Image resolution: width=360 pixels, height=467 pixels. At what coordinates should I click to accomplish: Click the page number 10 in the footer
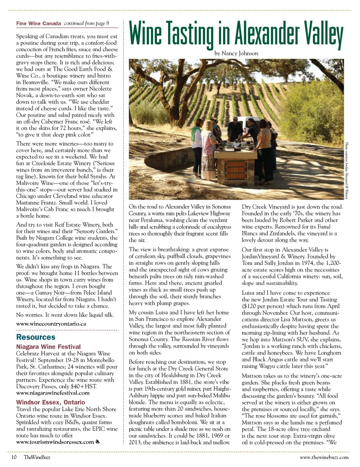click(13, 457)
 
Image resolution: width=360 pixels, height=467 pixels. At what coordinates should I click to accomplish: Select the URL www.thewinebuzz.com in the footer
click(324, 457)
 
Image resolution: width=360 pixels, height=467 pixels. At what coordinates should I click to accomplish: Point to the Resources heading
click(36, 337)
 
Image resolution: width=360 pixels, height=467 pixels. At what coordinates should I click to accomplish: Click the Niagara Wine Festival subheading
click(48, 347)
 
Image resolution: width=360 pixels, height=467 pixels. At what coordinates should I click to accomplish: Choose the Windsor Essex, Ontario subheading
click(50, 402)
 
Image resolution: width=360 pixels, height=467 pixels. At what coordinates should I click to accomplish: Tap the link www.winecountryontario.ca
click(51, 323)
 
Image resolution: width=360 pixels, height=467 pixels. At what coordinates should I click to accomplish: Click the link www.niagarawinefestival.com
click(53, 393)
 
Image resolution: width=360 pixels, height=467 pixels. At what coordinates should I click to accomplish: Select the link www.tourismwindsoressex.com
click(55, 442)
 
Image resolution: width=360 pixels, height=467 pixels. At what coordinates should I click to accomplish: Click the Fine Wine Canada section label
click(38, 23)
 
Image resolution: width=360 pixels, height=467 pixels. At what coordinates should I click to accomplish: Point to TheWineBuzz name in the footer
click(37, 457)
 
